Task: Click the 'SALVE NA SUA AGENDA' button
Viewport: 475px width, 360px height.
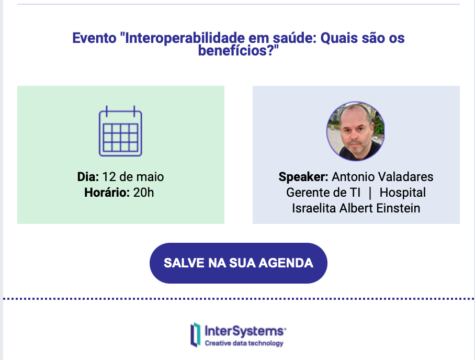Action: pyautogui.click(x=239, y=263)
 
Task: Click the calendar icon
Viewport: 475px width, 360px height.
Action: pyautogui.click(x=120, y=131)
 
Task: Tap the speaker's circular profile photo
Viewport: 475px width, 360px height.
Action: pyautogui.click(x=356, y=131)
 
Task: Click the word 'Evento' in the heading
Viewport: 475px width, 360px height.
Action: pyautogui.click(x=94, y=38)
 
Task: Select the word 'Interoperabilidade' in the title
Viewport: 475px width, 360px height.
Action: pyautogui.click(x=185, y=38)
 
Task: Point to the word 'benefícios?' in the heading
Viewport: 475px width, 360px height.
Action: pyautogui.click(x=239, y=50)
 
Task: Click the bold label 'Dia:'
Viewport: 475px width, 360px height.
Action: pyautogui.click(x=88, y=177)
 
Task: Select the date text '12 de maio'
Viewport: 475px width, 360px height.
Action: pyautogui.click(x=133, y=177)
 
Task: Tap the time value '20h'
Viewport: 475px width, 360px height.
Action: pyautogui.click(x=143, y=193)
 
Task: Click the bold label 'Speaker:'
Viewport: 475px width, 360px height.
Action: pyautogui.click(x=303, y=177)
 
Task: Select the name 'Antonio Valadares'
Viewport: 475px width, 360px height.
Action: pyautogui.click(x=382, y=177)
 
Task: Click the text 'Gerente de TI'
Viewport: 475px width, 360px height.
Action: pyautogui.click(x=323, y=193)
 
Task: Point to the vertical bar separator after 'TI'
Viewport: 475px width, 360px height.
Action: pyautogui.click(x=370, y=193)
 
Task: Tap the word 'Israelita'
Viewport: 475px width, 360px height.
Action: pyautogui.click(x=314, y=208)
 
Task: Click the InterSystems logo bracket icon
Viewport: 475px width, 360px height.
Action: pyautogui.click(x=196, y=334)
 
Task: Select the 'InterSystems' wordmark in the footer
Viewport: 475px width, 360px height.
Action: pyautogui.click(x=245, y=331)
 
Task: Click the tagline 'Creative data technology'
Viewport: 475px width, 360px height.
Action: pyautogui.click(x=244, y=343)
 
